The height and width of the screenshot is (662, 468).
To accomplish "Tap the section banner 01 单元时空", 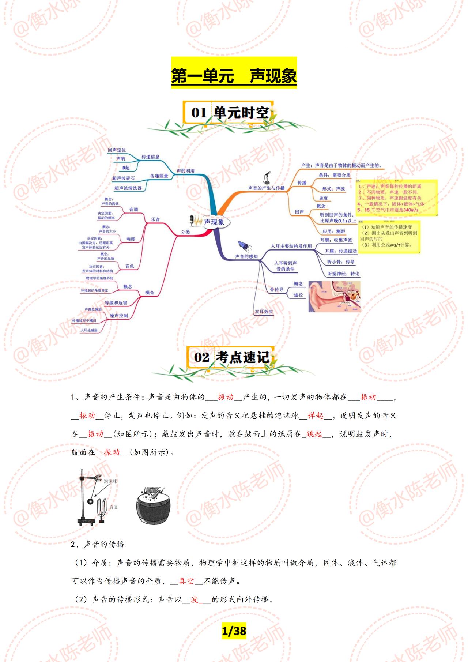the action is [x=230, y=112].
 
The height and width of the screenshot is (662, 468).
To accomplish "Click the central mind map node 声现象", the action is [x=214, y=222].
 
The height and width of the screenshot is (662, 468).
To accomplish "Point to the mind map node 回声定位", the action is [x=117, y=150].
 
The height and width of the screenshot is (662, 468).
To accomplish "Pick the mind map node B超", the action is [x=126, y=168].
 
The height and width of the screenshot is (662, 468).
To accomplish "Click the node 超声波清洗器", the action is [x=128, y=188].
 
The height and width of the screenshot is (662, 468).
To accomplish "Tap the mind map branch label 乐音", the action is [x=155, y=219].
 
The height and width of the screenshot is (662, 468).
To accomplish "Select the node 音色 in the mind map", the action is [x=129, y=266].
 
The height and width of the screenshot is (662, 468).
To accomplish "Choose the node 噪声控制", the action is [x=119, y=316].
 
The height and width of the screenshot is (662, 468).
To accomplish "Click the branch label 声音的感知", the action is [x=246, y=256].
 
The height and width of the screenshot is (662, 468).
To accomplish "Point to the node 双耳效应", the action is [x=264, y=312].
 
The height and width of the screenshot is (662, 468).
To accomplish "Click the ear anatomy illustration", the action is [x=334, y=296].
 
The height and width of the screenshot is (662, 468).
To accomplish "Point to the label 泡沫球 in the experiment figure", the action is [x=110, y=482].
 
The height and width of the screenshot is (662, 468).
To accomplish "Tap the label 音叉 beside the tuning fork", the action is [x=114, y=507].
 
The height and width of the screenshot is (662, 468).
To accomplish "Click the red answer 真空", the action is [x=186, y=581].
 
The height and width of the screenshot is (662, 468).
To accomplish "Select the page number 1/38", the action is [x=234, y=631].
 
